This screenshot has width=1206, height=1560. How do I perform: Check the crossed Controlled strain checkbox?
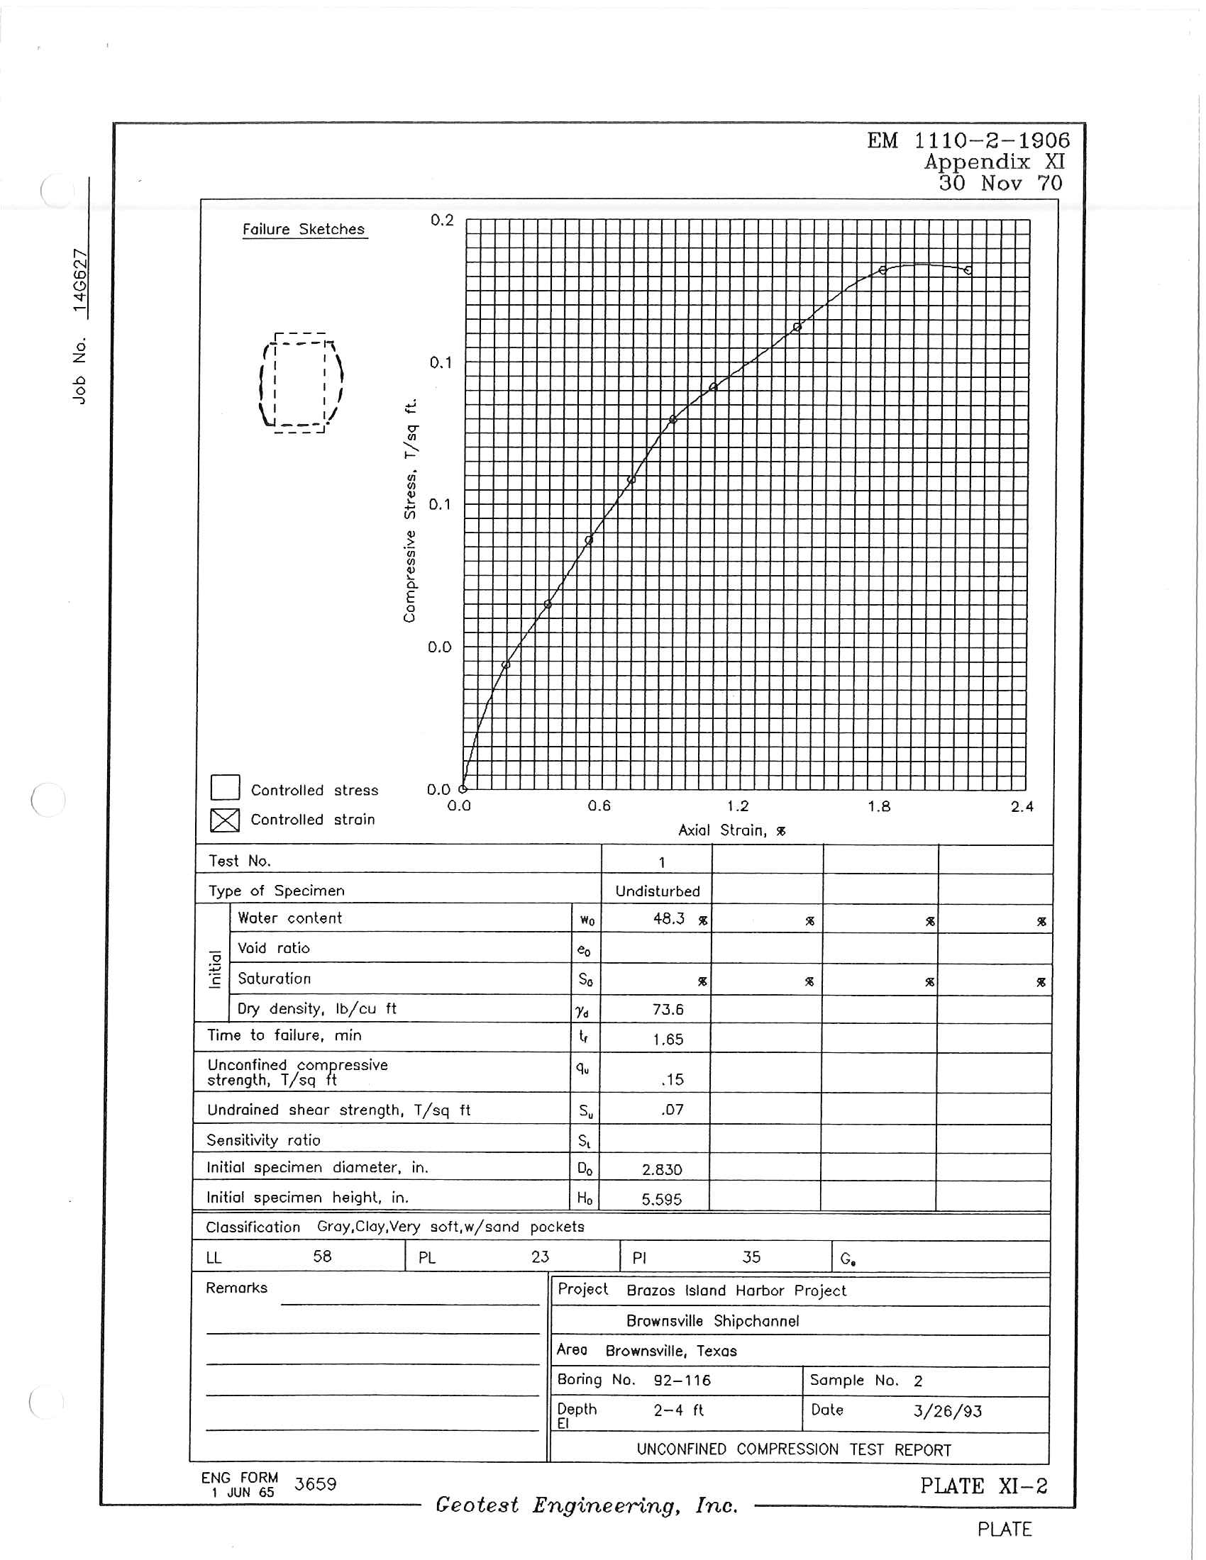[x=224, y=819]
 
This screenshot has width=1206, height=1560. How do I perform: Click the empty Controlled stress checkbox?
[x=225, y=787]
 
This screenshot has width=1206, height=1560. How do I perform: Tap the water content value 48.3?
[x=669, y=918]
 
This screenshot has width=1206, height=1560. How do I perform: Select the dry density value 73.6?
[x=668, y=1009]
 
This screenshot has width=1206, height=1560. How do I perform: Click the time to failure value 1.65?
[x=668, y=1040]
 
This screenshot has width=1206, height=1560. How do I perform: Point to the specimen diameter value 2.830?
[x=662, y=1169]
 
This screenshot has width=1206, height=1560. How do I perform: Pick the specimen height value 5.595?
[x=662, y=1199]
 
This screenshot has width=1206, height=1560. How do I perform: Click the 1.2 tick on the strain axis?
[x=738, y=806]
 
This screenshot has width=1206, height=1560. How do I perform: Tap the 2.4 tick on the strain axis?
[x=1022, y=807]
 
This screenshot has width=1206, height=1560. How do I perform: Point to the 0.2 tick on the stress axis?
[x=441, y=220]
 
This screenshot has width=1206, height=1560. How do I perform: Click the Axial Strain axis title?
[x=731, y=830]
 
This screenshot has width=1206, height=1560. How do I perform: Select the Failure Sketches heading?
[x=304, y=229]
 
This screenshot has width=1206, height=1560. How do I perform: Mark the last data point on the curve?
[x=968, y=270]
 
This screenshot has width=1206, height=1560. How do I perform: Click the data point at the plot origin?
[x=463, y=789]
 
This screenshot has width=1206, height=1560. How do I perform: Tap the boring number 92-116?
[x=682, y=1380]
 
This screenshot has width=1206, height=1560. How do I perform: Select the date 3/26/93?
[x=947, y=1410]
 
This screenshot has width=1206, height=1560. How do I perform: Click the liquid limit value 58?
[x=322, y=1257]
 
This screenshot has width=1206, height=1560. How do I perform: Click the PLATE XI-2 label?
[x=983, y=1486]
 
